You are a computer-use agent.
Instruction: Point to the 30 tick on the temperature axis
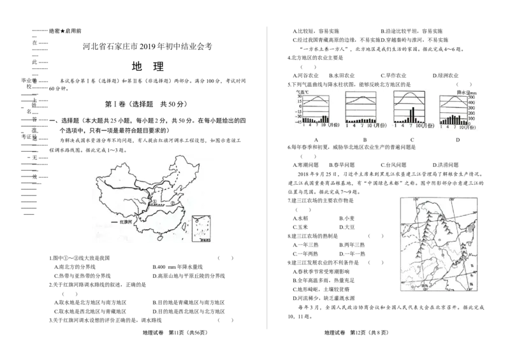(x=298, y=97)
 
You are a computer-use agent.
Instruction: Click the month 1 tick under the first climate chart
(x=304, y=126)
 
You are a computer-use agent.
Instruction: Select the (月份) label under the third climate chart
(x=426, y=126)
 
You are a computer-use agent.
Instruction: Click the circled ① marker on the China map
(x=154, y=202)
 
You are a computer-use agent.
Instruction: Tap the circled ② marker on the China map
(x=171, y=204)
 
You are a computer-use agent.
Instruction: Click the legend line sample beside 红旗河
(x=114, y=222)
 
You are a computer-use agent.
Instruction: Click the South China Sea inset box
(x=201, y=229)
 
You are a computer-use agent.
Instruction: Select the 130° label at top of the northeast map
(x=415, y=200)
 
